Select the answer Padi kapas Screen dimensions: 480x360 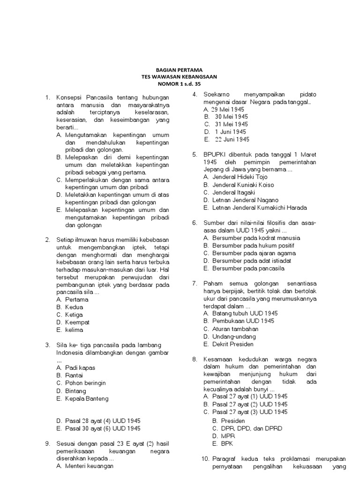pos(76,368)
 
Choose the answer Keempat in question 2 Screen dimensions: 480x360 pos(77,322)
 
